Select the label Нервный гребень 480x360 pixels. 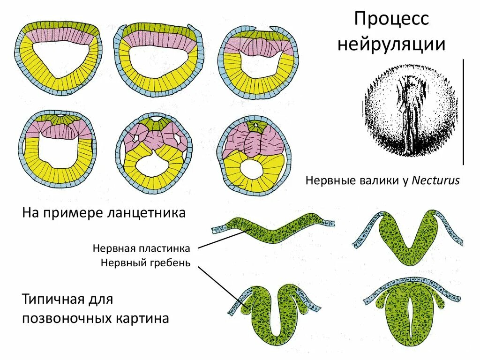[145, 262]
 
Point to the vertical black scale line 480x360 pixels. [463, 112]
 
